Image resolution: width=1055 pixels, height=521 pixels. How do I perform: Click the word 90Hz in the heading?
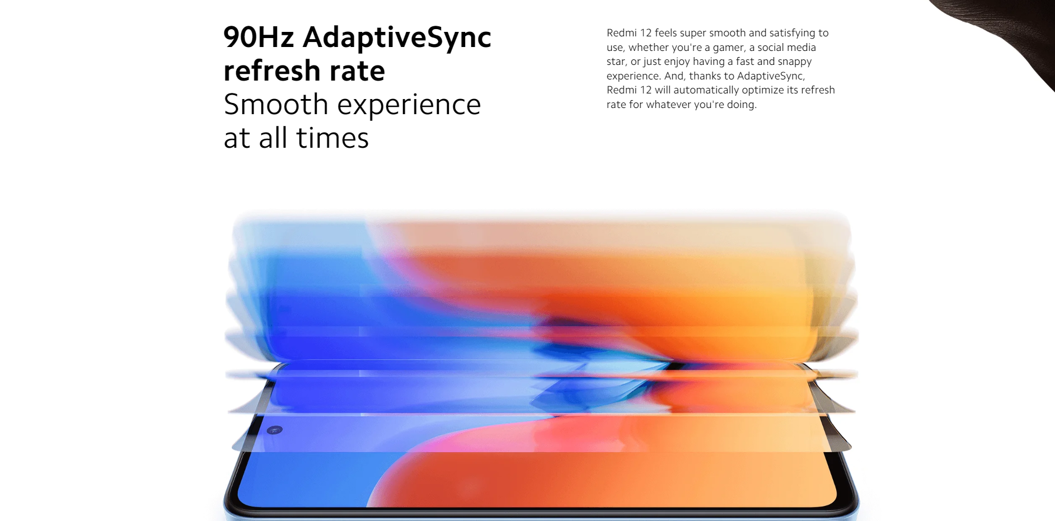(259, 37)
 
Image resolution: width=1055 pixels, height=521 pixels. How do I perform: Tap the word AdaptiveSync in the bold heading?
(397, 38)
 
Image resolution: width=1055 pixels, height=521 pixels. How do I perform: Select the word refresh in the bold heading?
(272, 71)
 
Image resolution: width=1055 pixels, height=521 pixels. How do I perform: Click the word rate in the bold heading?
(357, 72)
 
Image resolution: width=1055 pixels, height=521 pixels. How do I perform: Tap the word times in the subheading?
(332, 138)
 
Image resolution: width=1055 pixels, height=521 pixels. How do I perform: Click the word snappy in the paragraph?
(794, 62)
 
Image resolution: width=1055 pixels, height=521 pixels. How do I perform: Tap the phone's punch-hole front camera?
(274, 430)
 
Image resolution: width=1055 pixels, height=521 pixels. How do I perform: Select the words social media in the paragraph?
(786, 48)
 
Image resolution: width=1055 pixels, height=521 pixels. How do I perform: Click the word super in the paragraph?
(693, 34)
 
